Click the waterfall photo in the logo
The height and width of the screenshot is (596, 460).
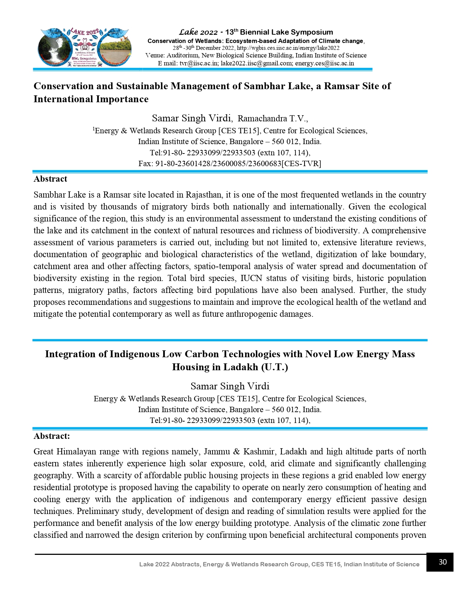click(x=54, y=49)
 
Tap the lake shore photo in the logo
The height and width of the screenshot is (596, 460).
click(x=115, y=49)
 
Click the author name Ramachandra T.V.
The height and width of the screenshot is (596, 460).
click(x=273, y=118)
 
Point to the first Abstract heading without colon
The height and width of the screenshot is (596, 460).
click(x=50, y=179)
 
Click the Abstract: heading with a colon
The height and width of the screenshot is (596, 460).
click(x=52, y=436)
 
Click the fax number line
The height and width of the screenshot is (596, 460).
click(x=229, y=163)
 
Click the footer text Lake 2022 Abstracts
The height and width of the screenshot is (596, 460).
click(x=170, y=564)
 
